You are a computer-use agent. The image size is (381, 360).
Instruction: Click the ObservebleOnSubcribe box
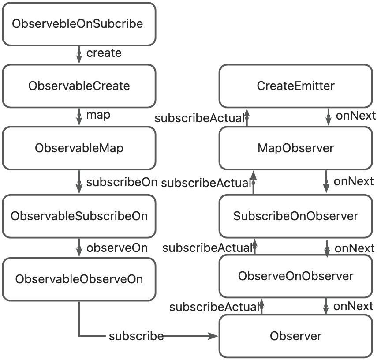click(78, 23)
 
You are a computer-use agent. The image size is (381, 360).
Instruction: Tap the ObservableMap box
click(78, 148)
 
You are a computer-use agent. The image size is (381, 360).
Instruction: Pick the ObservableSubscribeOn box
click(78, 216)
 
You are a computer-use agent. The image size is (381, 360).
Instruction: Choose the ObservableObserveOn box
click(78, 279)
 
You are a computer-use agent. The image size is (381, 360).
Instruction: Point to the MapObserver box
click(295, 148)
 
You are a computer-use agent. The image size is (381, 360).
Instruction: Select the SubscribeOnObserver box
click(295, 216)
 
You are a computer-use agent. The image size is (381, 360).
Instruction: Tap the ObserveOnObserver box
click(295, 276)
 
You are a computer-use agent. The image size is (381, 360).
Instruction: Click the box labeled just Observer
click(295, 336)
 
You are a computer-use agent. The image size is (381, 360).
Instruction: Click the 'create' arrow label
click(104, 53)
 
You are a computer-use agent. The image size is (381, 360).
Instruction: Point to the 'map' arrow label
click(98, 116)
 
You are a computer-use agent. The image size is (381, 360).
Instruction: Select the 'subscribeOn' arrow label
click(121, 182)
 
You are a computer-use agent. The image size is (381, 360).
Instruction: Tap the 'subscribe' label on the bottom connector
click(136, 336)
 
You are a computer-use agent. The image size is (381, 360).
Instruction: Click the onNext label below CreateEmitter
click(355, 116)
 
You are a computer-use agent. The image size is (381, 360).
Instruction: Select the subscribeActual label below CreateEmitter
click(199, 118)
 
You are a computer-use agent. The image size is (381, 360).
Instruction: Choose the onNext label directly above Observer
click(354, 306)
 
